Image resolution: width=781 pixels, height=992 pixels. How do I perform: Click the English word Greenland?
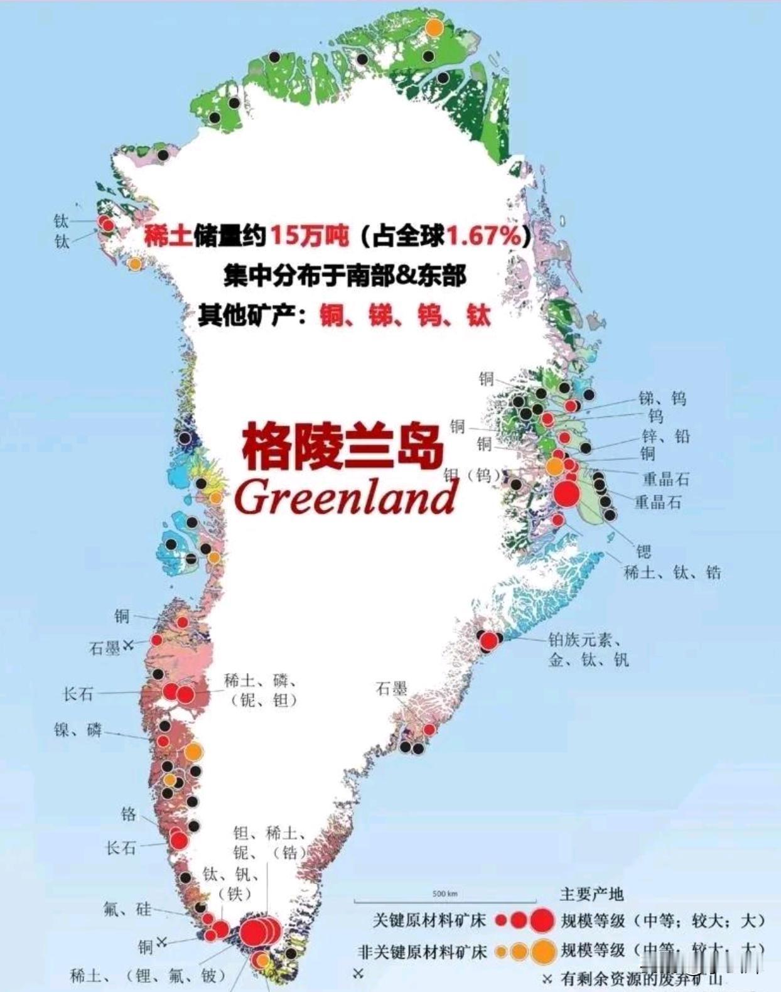point(345,498)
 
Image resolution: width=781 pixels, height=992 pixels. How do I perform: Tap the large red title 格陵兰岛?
point(343,445)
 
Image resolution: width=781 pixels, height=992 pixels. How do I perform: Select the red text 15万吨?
point(309,236)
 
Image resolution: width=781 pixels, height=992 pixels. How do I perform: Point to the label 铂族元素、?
point(584,640)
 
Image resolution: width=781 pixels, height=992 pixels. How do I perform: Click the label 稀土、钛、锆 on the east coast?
point(672,572)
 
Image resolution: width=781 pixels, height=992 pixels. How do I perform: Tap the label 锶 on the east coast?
point(644,551)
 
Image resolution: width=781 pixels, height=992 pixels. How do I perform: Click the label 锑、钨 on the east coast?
point(662,398)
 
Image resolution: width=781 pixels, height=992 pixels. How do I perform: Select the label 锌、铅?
point(665,436)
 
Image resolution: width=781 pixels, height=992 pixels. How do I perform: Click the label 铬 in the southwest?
point(128,814)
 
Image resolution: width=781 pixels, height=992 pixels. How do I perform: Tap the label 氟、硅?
point(127,908)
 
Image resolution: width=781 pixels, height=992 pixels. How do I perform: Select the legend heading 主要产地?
point(591,894)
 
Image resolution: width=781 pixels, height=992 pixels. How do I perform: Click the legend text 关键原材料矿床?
point(429,920)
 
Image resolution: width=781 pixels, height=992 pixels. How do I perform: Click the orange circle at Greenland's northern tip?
point(434,28)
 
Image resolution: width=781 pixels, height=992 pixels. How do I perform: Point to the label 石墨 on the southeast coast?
point(391,689)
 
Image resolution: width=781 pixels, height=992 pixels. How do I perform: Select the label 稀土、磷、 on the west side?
point(261,681)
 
